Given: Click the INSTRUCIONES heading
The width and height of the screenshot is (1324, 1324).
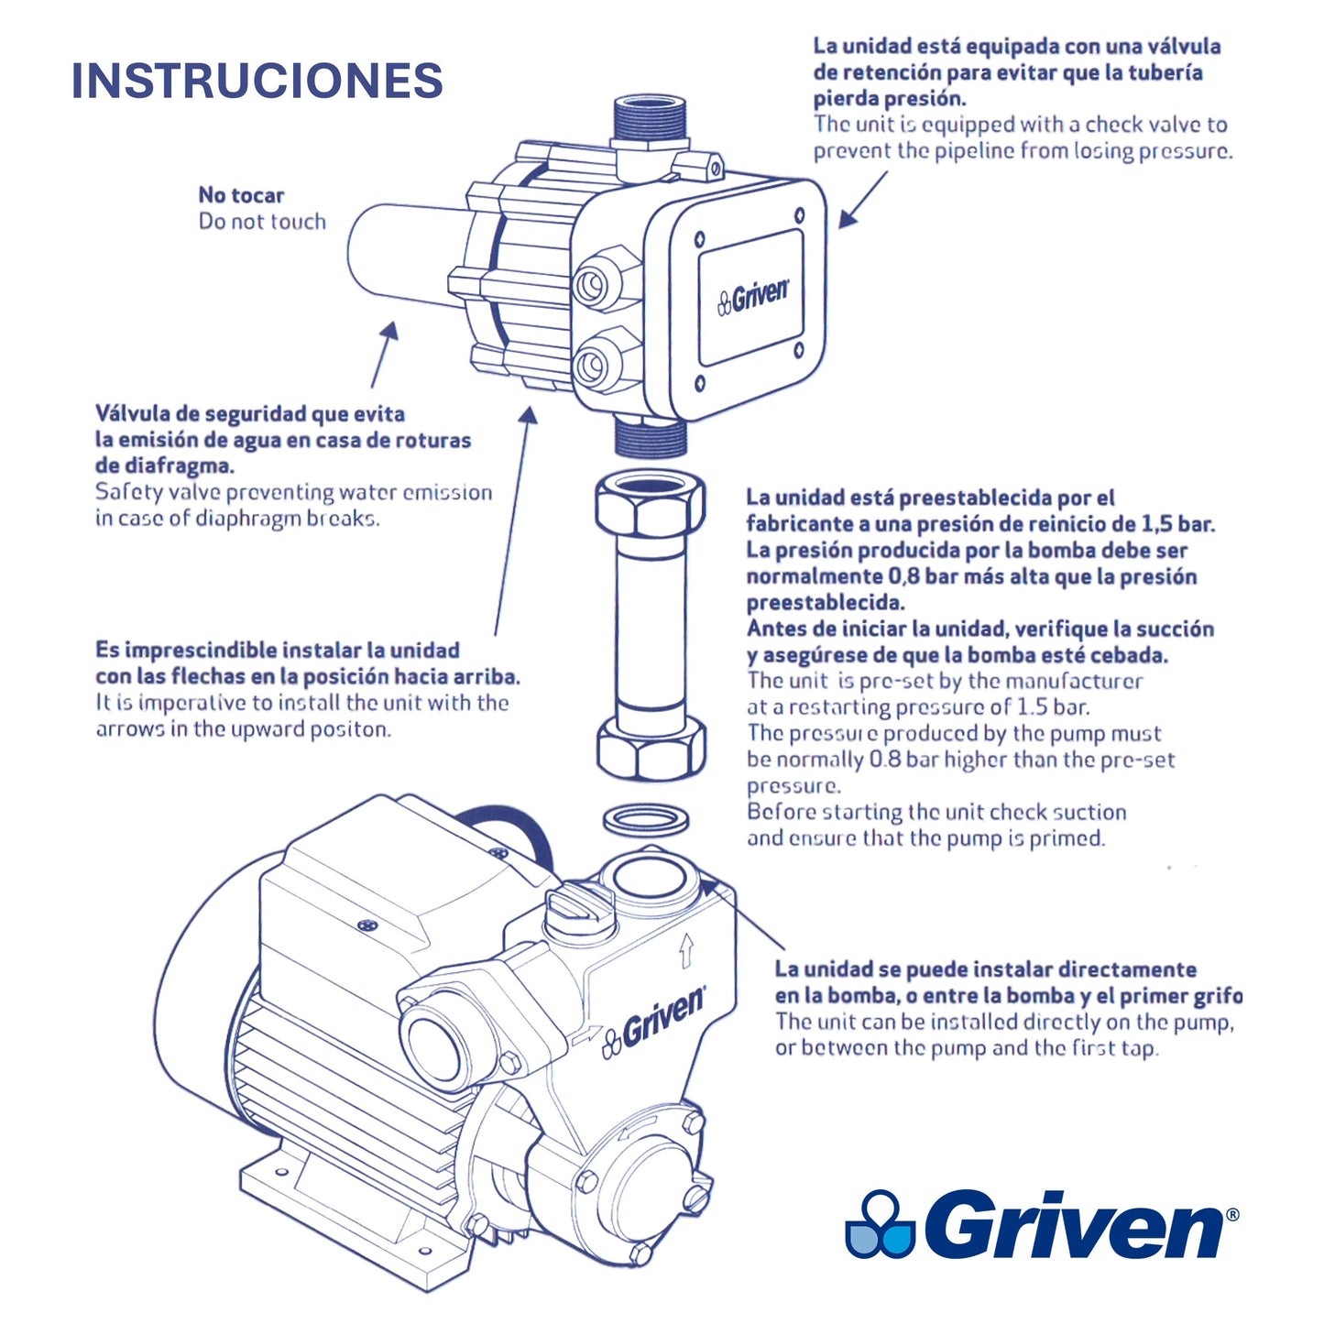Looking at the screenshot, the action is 257,81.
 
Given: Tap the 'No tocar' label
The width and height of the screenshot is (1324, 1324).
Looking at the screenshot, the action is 241,195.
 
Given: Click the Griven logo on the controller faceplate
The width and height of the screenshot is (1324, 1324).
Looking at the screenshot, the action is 753,297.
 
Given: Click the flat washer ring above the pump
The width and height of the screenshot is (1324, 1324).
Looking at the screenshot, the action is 645,820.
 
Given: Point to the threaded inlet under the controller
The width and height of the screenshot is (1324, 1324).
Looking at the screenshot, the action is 650,436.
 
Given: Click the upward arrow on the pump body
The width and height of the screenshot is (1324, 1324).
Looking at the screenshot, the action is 685,952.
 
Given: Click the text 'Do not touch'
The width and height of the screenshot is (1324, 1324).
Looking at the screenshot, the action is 262,221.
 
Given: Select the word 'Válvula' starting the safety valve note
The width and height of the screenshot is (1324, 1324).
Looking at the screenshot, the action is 129,413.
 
